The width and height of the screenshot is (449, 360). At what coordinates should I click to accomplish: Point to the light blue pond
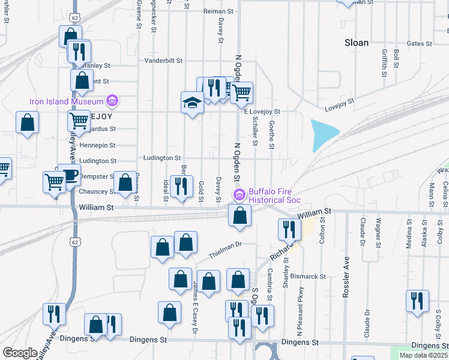pos(323,135)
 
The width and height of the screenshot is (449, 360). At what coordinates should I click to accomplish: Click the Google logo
pos(20,353)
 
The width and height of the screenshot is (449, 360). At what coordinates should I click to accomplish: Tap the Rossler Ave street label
pos(346,278)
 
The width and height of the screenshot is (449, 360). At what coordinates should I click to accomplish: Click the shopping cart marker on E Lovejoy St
pos(241,93)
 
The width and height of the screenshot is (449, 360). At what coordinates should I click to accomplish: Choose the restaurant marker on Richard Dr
pos(289,229)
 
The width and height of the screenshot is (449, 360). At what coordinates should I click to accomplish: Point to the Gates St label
pos(419,44)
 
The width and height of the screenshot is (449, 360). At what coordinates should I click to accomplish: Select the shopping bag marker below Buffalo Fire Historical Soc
pos(240,216)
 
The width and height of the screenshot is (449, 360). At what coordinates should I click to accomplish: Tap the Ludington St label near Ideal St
pos(159,158)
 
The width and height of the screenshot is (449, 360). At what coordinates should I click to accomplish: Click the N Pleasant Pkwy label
pos(297,317)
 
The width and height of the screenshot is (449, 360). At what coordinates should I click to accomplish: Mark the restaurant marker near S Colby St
pos(417,301)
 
